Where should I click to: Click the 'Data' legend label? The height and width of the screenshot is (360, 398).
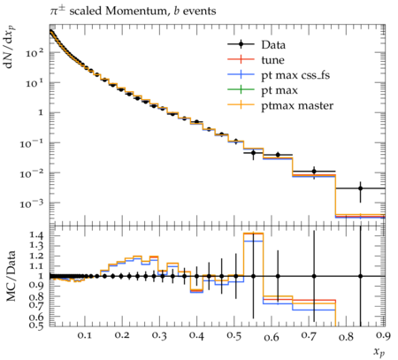coord(273,45)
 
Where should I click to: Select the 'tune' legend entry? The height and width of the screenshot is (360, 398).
coord(272,60)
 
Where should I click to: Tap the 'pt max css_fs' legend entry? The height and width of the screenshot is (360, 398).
coord(295,75)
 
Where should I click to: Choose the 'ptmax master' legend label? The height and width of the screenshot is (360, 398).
coord(297,106)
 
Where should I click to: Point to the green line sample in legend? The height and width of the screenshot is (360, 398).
coord(241,90)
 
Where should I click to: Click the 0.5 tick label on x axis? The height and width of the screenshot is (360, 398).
coord(234,335)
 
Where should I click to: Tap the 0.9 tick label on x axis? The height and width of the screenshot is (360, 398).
coord(384,335)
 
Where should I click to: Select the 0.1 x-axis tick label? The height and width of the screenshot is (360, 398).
coord(85,335)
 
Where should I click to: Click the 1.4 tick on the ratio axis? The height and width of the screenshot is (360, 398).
coord(37,235)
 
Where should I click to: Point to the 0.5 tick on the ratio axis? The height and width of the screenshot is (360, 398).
coord(37,325)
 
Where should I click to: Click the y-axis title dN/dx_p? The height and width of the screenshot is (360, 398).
coord(10,47)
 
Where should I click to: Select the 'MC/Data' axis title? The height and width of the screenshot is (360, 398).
coord(11,276)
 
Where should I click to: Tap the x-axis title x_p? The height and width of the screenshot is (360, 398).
coord(379,352)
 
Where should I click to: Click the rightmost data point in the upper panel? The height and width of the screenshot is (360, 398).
coord(360,188)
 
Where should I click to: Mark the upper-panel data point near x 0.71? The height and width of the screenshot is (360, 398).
coord(314,171)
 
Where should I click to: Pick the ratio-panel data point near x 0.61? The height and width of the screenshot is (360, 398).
coord(278,276)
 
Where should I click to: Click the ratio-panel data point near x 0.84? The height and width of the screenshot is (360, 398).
coord(360,276)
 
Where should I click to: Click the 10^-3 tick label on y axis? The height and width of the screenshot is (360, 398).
coord(32,203)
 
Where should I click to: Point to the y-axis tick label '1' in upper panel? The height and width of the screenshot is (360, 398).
coord(41,113)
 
